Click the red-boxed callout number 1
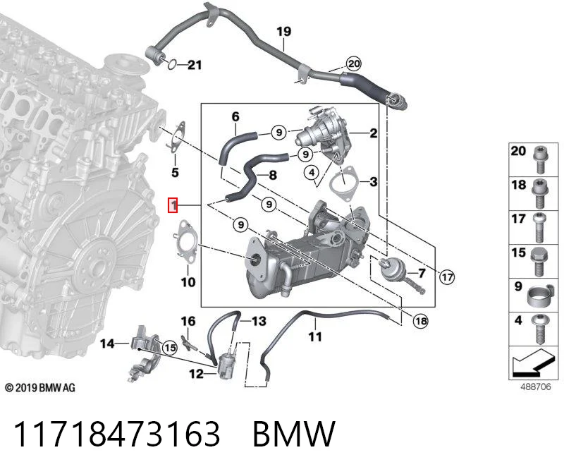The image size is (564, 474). click(173, 205)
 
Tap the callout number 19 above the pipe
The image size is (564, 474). click(284, 32)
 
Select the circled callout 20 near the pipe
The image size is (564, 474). click(354, 63)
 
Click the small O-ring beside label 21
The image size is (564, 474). click(172, 64)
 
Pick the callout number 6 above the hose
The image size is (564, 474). click(235, 116)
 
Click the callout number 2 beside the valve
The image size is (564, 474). click(374, 133)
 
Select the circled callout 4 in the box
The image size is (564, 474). click(312, 173)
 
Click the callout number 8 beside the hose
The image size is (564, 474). click(273, 175)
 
